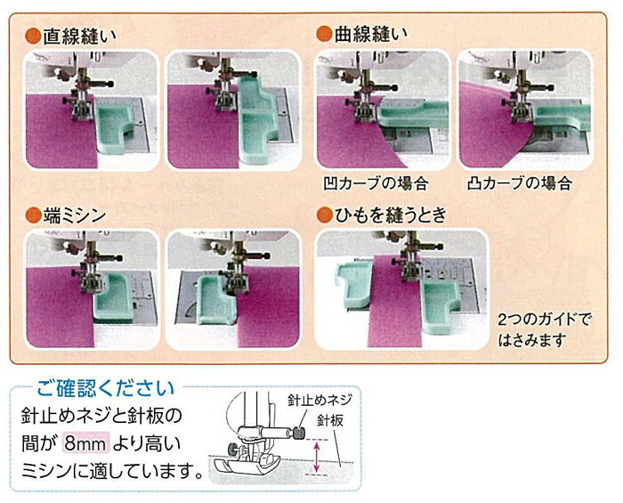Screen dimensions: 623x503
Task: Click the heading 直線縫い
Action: pos(79,37)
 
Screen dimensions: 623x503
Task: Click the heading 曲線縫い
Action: pos(371,34)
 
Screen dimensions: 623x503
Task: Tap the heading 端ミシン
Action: pos(74,215)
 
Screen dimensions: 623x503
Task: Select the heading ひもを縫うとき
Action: pos(391,215)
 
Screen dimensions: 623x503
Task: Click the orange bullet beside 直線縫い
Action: pos(33,37)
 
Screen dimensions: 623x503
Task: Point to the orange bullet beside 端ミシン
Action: pos(33,215)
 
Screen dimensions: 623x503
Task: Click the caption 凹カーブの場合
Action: pos(376,183)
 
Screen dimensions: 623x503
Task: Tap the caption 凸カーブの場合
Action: pos(520,183)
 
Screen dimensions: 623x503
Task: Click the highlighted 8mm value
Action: pos(85,444)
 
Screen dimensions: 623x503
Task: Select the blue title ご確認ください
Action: pos(106,388)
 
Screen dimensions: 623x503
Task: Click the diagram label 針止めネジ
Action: pos(320,401)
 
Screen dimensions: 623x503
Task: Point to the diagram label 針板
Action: pos(330,420)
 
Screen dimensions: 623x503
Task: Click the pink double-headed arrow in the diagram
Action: pos(317,457)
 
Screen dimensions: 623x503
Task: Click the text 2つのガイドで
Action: pos(545,320)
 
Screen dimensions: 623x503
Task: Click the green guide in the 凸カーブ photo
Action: pos(561,115)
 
